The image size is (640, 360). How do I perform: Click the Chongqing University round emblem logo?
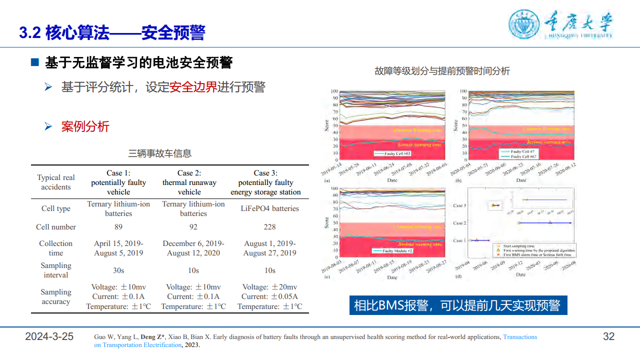pyautogui.click(x=524, y=23)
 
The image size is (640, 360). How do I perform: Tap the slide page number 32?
pyautogui.click(x=608, y=336)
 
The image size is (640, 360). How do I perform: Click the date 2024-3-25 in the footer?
pyautogui.click(x=49, y=336)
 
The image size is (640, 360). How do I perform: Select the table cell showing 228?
pyautogui.click(x=269, y=227)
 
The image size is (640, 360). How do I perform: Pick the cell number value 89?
pyautogui.click(x=118, y=227)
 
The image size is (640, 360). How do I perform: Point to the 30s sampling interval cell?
pyautogui.click(x=118, y=270)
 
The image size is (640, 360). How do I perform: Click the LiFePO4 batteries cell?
pyautogui.click(x=269, y=208)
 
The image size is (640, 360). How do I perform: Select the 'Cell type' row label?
pyautogui.click(x=56, y=208)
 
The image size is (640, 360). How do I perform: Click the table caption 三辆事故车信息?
pyautogui.click(x=160, y=153)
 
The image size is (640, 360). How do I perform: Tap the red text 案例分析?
pyautogui.click(x=85, y=126)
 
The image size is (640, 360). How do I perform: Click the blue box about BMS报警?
pyautogui.click(x=458, y=305)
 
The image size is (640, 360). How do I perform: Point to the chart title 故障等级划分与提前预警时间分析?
pyautogui.click(x=442, y=71)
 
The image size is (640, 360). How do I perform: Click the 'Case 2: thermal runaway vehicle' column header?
pyautogui.click(x=189, y=182)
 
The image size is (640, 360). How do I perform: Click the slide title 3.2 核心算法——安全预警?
pyautogui.click(x=112, y=33)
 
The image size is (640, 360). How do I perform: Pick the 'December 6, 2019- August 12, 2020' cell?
pyautogui.click(x=193, y=248)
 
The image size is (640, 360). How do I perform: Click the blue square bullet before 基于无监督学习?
pyautogui.click(x=34, y=62)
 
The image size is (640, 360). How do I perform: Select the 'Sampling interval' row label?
pyautogui.click(x=56, y=270)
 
